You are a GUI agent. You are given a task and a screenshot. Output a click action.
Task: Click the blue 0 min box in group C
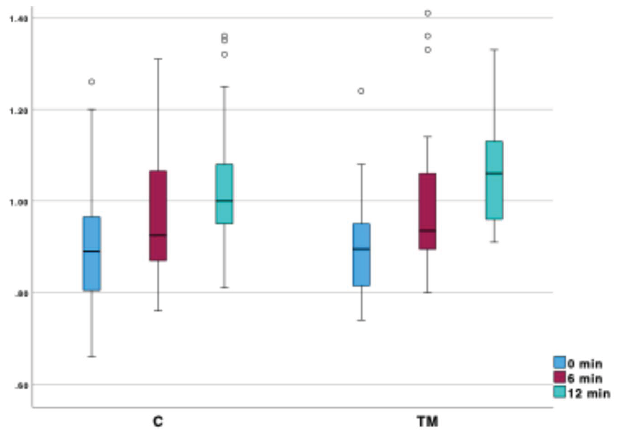coord(92,253)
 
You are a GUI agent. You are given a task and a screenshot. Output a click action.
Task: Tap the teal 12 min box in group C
coord(224,194)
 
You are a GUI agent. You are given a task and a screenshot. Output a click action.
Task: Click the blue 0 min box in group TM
coord(362,254)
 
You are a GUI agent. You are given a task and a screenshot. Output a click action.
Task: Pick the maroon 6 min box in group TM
coord(427,211)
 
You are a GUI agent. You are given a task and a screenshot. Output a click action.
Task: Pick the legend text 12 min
coord(589,393)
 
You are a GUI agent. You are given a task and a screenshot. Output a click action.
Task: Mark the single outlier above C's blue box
coord(92,82)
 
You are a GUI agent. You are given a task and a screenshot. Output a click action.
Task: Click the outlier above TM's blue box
coord(361,91)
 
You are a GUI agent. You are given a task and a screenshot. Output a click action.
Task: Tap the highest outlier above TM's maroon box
coord(428,13)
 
